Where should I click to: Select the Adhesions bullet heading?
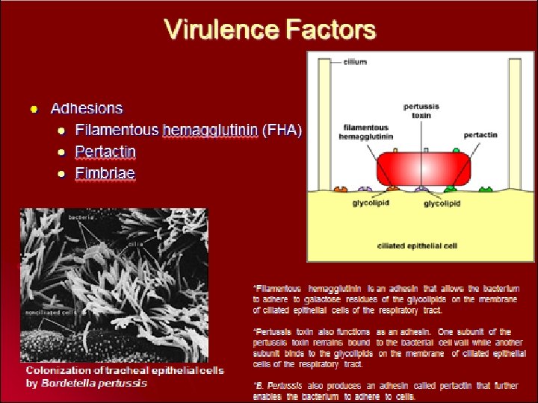coord(87,108)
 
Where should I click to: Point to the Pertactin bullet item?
coord(105,151)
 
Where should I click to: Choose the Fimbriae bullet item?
coord(105,173)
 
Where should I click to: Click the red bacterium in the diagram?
coord(423,169)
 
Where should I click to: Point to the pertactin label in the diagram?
coord(480,135)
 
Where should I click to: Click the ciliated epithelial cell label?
coord(417,245)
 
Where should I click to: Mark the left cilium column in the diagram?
coord(325,123)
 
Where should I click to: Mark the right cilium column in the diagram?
coord(514,123)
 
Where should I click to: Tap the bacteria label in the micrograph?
coord(81,217)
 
